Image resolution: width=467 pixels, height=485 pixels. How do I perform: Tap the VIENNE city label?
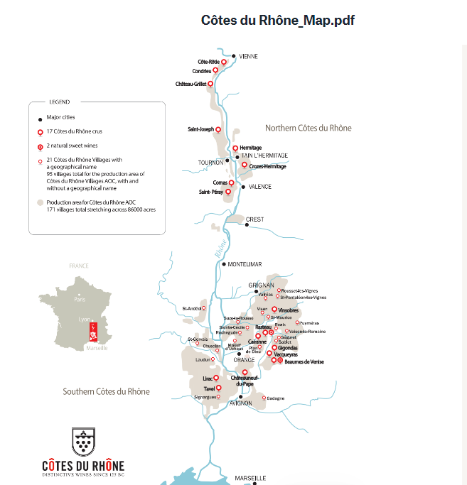(248, 56)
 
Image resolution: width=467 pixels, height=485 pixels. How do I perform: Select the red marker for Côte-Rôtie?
(224, 62)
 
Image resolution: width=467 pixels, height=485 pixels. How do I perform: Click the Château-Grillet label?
(190, 84)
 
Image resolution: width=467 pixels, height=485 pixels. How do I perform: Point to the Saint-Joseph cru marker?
(218, 129)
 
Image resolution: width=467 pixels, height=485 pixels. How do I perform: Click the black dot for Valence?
(243, 187)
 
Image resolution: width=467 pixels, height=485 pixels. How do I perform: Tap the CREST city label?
(254, 219)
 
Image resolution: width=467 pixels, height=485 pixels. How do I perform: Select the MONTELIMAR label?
(245, 264)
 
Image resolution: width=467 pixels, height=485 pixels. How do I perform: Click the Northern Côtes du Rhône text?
(308, 128)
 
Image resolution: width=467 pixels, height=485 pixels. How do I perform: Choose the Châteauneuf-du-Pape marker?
(245, 372)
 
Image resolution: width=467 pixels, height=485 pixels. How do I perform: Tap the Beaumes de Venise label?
(304, 361)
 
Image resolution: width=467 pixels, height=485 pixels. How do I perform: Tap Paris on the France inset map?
(80, 300)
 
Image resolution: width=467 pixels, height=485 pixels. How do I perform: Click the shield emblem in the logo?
(87, 442)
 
